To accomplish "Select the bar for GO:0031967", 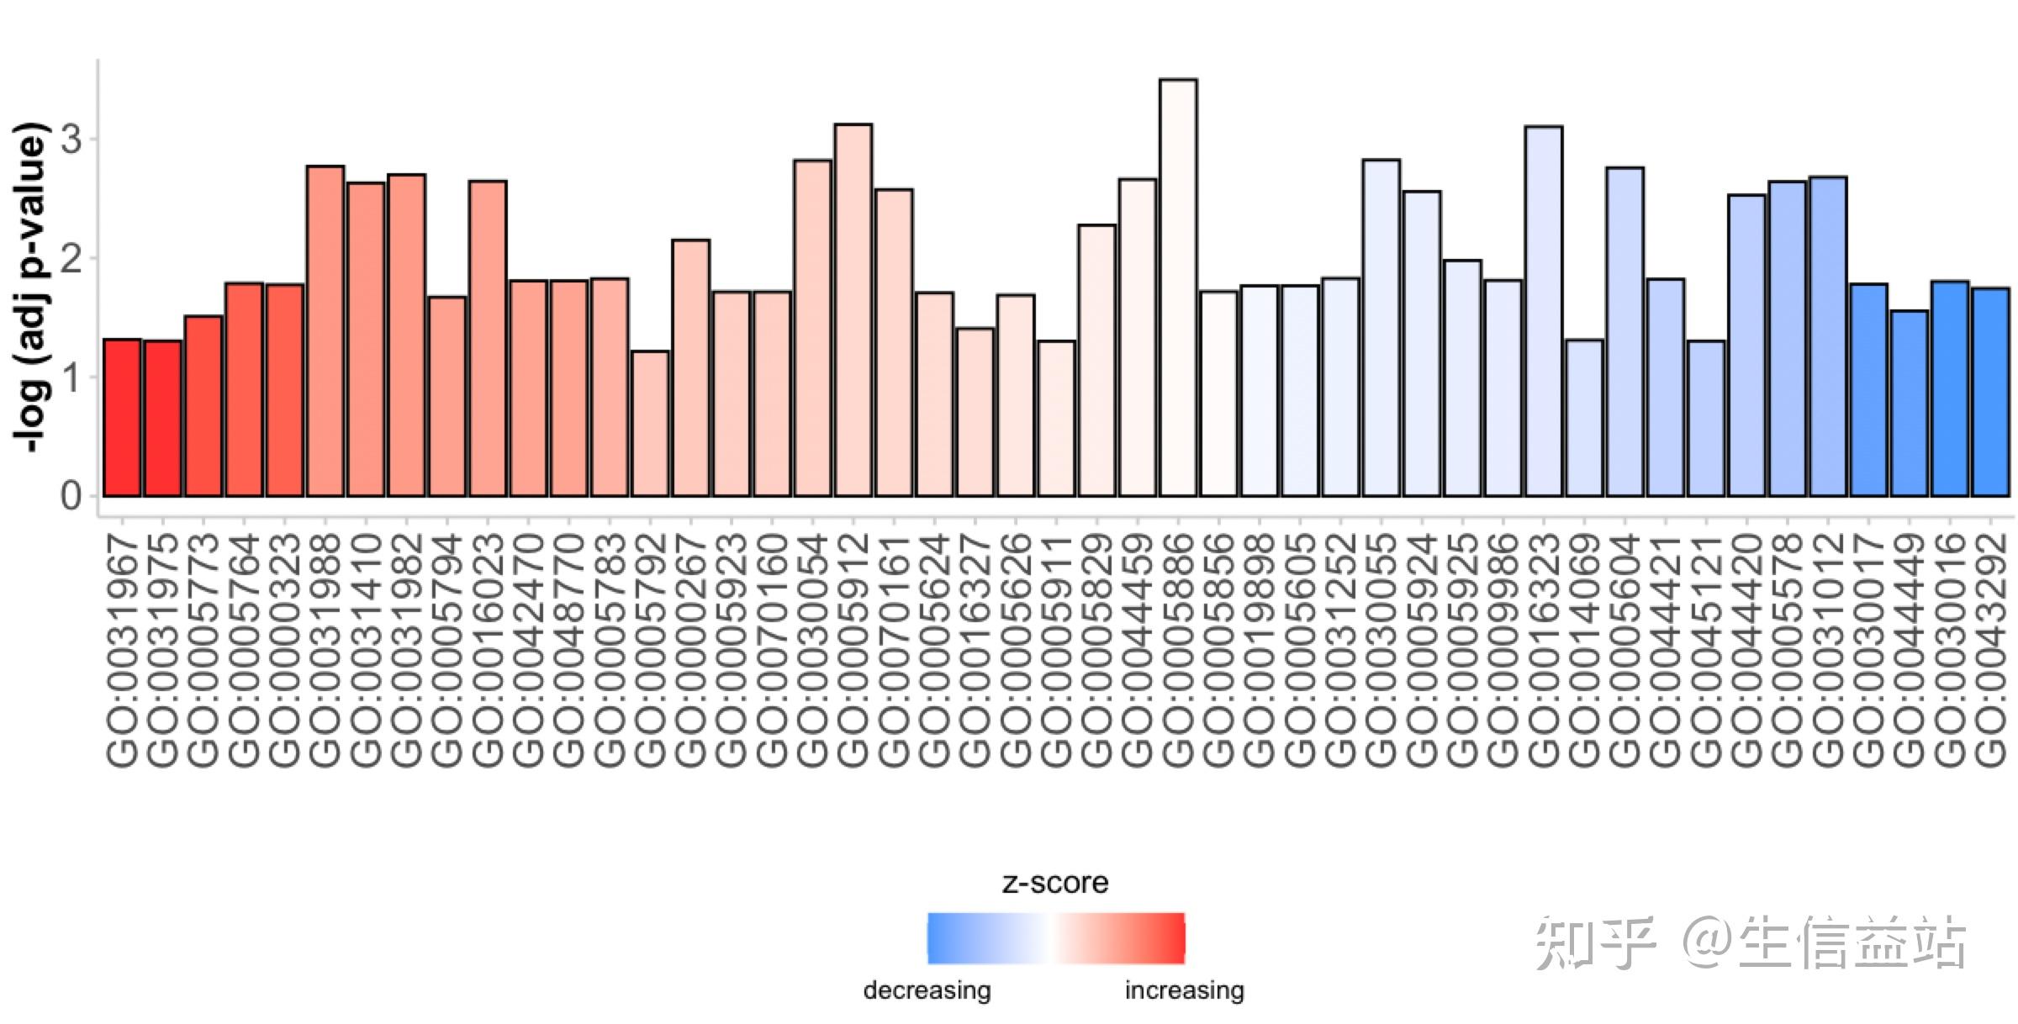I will click(122, 418).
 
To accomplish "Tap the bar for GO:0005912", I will click(853, 310).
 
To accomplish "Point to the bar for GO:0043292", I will click(1990, 393).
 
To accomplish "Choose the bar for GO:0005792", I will click(650, 424).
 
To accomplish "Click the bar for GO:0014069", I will click(1584, 418).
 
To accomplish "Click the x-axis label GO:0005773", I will click(203, 651).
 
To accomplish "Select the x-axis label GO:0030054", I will click(812, 651).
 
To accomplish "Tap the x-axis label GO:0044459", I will click(1138, 651).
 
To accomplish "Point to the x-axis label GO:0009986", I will click(1503, 651).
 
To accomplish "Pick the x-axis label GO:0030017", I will click(1868, 651).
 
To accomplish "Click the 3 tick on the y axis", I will click(72, 140).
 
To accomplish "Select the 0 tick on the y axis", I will click(72, 495).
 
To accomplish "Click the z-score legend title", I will click(1055, 882).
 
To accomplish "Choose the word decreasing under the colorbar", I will click(927, 990).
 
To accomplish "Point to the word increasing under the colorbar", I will click(1184, 990).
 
